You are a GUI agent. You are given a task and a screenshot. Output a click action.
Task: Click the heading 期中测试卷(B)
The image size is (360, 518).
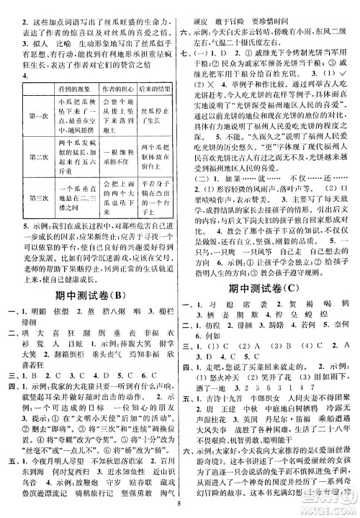(x=91, y=298)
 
